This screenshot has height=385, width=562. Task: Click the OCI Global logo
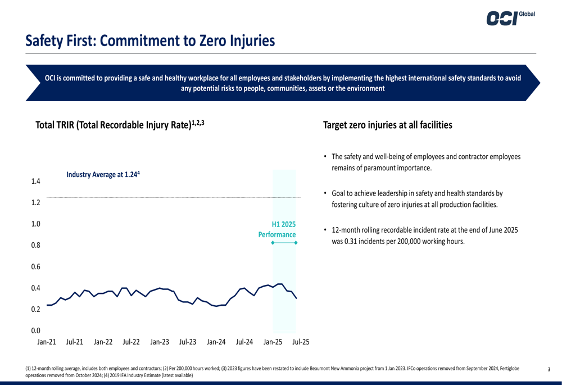click(x=511, y=17)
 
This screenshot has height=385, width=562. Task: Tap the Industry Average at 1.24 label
click(x=103, y=175)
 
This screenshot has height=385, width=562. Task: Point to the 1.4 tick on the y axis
click(x=35, y=182)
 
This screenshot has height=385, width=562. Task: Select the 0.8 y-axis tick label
click(x=35, y=245)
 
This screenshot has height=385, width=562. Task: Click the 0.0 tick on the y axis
click(x=35, y=330)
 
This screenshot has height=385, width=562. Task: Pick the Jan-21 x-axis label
click(x=47, y=342)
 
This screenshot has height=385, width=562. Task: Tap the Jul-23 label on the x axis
click(x=188, y=342)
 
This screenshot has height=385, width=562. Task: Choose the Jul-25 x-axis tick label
click(x=301, y=342)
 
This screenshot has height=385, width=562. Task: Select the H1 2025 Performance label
click(x=277, y=229)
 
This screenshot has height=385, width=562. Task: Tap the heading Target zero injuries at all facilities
click(x=387, y=125)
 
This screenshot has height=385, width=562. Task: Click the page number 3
click(x=549, y=369)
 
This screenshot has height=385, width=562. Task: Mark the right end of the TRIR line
click(x=296, y=298)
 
